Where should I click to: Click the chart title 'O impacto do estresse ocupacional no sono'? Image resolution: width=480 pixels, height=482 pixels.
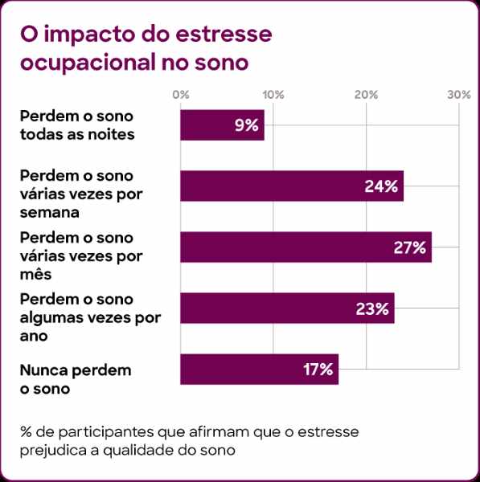point(145,48)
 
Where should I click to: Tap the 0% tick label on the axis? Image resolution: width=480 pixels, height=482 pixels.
point(181,95)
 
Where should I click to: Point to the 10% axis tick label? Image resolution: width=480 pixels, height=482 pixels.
point(273,95)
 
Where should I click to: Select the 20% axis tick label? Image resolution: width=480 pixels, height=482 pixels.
point(367,95)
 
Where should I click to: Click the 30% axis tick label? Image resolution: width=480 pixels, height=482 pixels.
point(458,95)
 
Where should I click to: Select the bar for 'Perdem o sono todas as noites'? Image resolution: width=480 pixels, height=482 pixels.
point(222,125)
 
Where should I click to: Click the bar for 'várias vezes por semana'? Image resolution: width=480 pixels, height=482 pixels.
point(291,186)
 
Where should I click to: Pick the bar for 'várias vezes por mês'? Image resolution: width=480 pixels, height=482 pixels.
point(306,247)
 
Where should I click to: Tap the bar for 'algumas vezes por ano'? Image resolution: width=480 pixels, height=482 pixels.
point(287,308)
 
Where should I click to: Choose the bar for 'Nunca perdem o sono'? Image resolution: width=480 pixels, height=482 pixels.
point(259,370)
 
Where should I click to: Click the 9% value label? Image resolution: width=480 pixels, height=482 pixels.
point(245,125)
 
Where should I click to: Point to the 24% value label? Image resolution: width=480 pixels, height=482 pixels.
point(381,186)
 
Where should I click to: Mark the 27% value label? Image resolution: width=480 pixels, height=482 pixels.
point(409,247)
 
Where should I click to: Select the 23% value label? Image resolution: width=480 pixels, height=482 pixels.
point(372,308)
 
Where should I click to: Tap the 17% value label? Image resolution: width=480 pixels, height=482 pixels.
point(318,370)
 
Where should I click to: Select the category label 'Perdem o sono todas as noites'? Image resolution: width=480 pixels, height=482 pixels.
point(76,124)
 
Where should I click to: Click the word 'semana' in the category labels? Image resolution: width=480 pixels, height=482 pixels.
point(50,213)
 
